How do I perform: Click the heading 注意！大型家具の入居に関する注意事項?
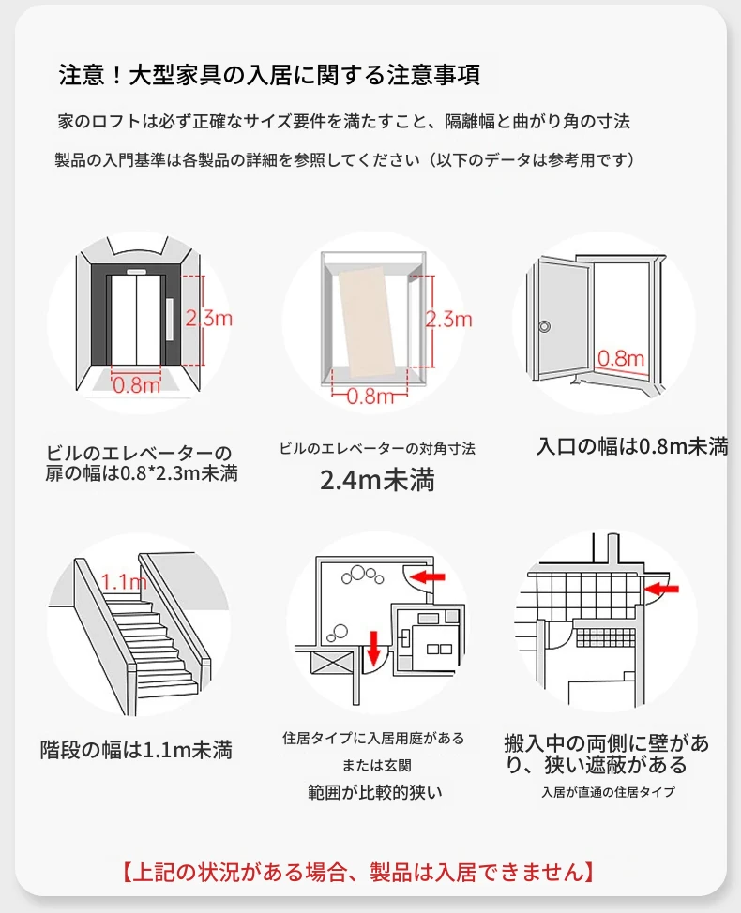click(269, 75)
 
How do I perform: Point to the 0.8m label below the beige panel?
click(370, 396)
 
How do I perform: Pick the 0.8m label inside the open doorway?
click(621, 357)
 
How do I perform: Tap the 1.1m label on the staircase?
click(124, 583)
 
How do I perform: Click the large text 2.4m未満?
click(377, 482)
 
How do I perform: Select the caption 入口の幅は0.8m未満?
click(632, 447)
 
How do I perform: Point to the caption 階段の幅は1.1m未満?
click(136, 750)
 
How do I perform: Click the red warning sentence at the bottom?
click(356, 872)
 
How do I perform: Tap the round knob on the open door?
click(545, 327)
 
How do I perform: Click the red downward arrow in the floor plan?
click(373, 646)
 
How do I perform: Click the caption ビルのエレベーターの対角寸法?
click(377, 449)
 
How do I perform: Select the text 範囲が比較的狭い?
click(375, 792)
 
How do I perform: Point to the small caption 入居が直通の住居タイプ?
click(608, 792)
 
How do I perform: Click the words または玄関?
click(374, 764)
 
